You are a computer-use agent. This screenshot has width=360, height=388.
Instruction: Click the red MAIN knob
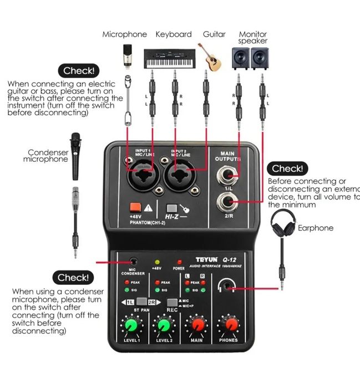pyautogui.click(x=196, y=325)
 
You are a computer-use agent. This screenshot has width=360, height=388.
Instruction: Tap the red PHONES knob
pyautogui.click(x=229, y=325)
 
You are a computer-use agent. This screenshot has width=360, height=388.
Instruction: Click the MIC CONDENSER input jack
pyautogui.click(x=133, y=261)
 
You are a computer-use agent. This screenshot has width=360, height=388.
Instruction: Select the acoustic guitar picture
pyautogui.click(x=211, y=57)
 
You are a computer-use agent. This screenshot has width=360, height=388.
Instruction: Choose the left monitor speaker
pyautogui.click(x=241, y=57)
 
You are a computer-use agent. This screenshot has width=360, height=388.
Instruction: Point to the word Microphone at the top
pyautogui.click(x=125, y=34)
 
